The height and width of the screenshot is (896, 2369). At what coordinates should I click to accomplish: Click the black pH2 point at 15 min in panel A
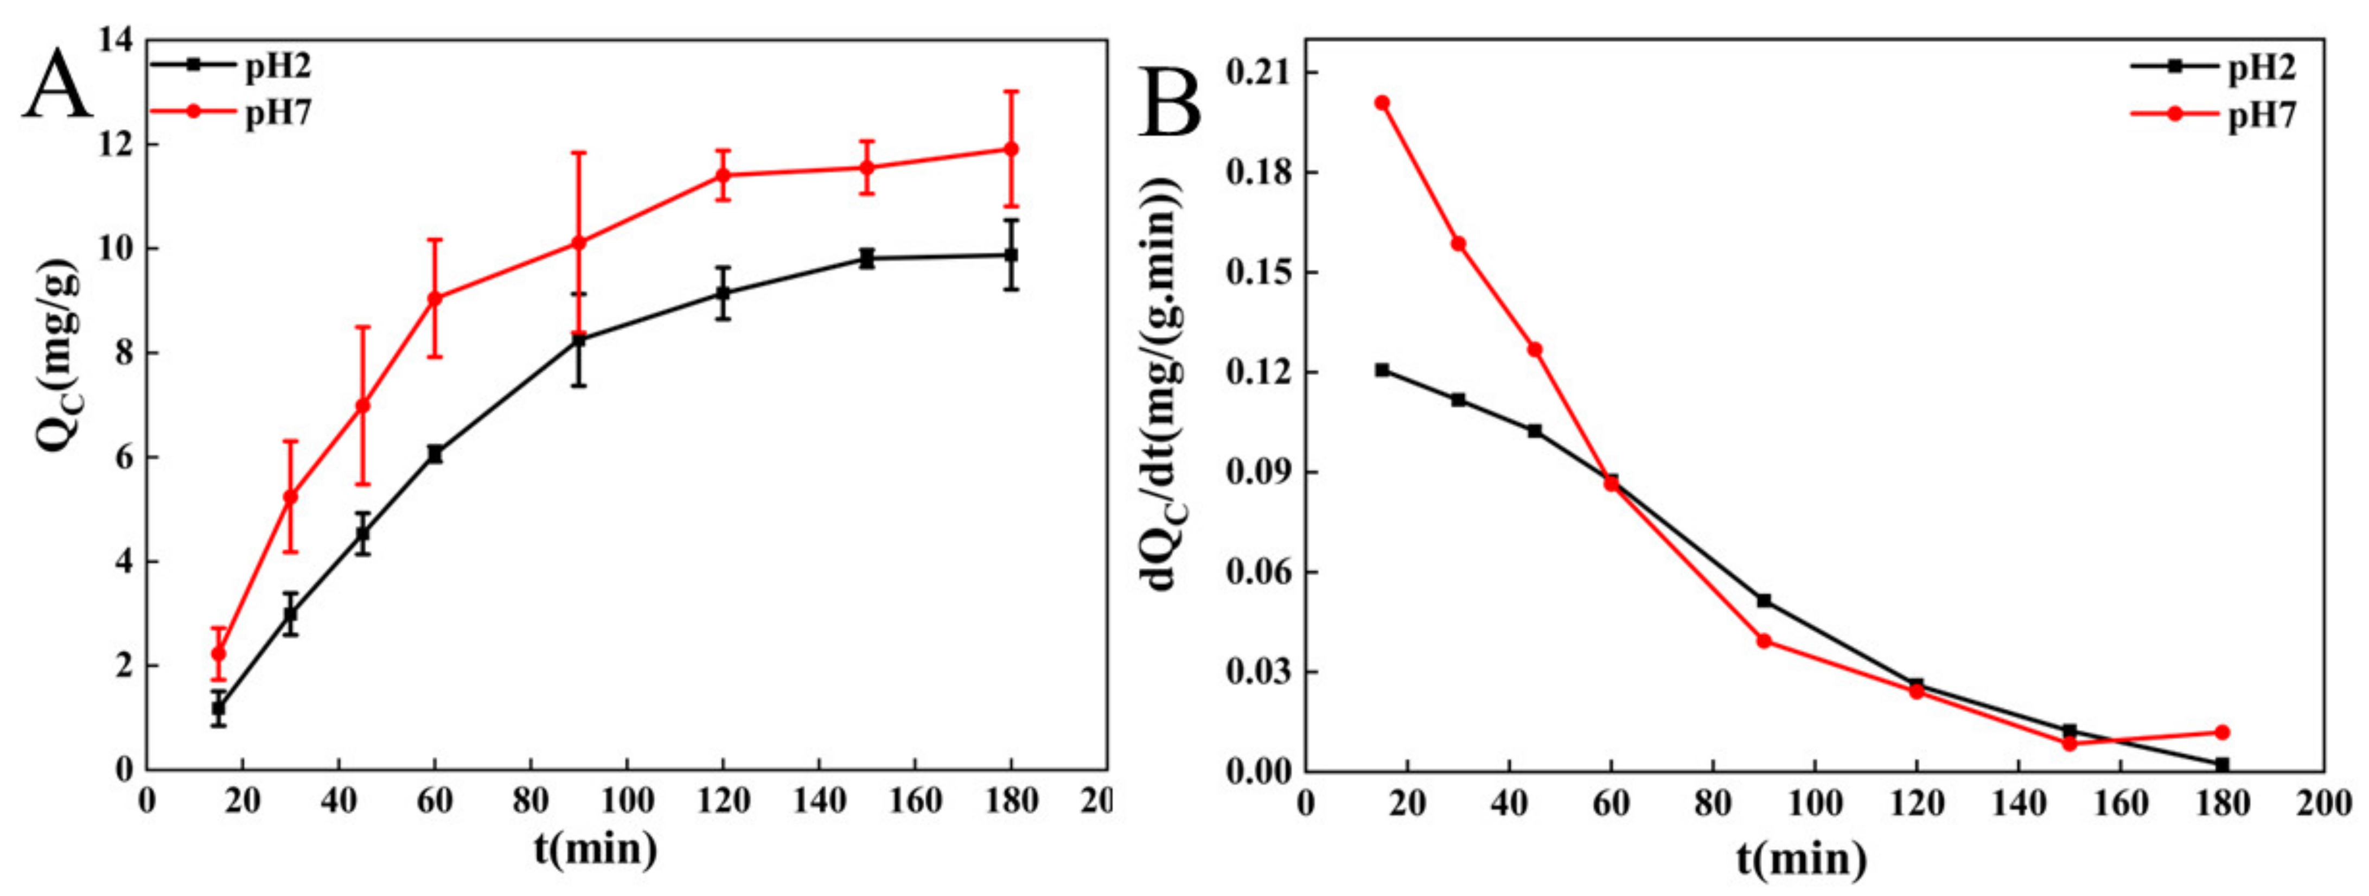219,708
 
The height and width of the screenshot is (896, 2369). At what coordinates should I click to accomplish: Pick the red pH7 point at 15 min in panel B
1382,103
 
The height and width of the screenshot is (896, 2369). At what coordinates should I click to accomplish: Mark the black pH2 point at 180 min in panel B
2223,765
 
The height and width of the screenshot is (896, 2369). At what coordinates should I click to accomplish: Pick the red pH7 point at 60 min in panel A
435,298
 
